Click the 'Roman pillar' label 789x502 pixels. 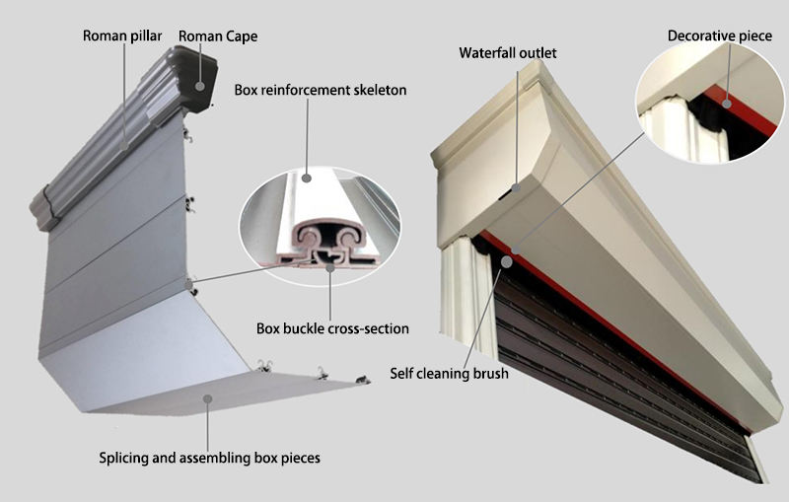(x=123, y=37)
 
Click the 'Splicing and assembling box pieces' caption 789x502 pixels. (x=209, y=458)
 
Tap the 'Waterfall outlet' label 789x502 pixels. (x=514, y=52)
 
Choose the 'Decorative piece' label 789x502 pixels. (x=720, y=36)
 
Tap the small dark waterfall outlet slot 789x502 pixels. (x=515, y=187)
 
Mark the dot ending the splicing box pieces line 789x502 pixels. (x=208, y=396)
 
